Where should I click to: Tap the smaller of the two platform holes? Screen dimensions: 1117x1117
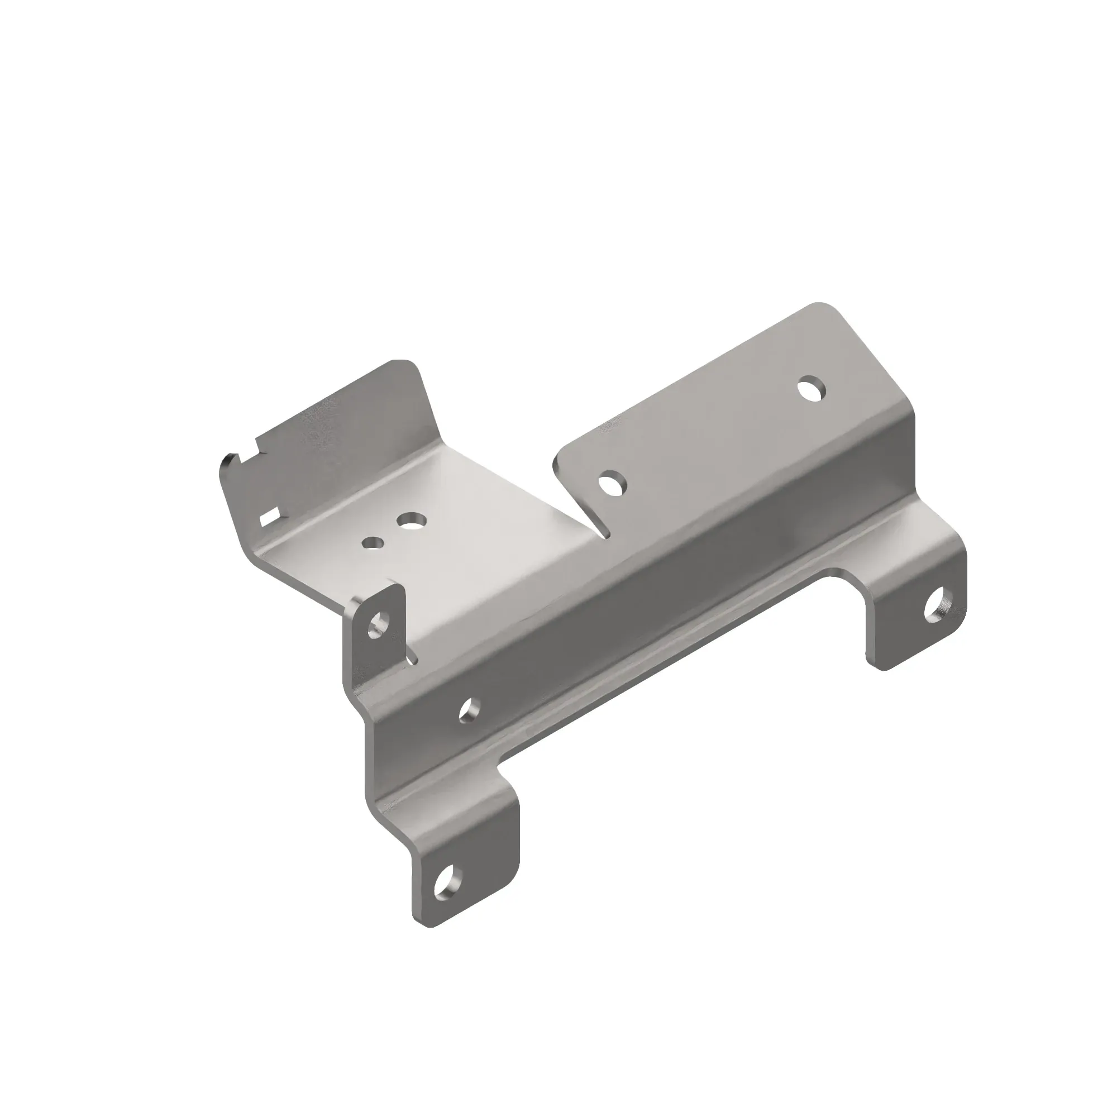(373, 542)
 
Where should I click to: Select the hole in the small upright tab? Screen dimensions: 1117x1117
(379, 625)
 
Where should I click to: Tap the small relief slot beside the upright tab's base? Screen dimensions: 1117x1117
(412, 657)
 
